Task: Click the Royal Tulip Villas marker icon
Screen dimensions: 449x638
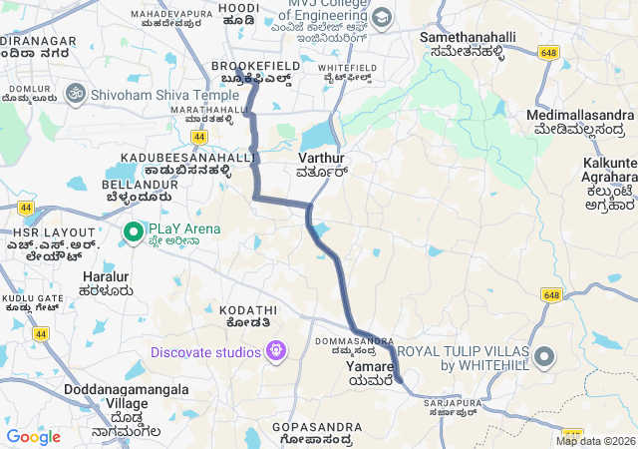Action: [543, 357]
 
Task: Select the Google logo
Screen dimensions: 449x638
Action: [33, 437]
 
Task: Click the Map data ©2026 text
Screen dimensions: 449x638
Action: [595, 441]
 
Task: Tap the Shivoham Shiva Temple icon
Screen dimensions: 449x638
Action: [73, 93]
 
